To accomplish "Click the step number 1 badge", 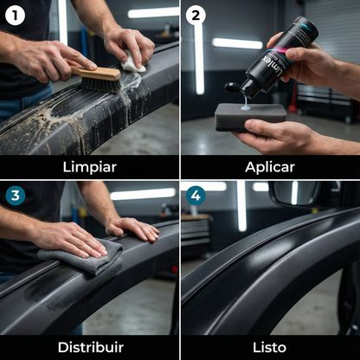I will (x=15, y=15).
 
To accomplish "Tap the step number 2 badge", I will (x=196, y=15).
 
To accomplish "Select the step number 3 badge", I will (x=15, y=196).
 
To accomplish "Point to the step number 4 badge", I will (x=196, y=196).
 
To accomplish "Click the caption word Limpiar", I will (x=89, y=166).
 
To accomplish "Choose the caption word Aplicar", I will (x=270, y=166).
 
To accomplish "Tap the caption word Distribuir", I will (x=89, y=346).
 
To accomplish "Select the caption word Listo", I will (x=270, y=346).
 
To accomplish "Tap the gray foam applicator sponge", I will (x=250, y=116).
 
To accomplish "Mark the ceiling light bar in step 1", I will (x=152, y=12).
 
